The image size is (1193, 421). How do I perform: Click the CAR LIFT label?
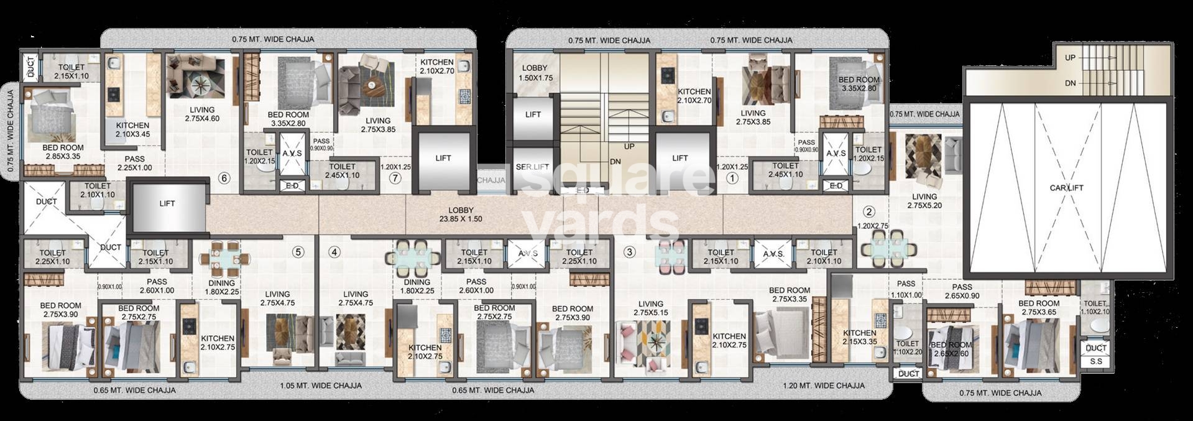point(1066,187)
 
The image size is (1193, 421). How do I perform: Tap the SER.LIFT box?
point(532,167)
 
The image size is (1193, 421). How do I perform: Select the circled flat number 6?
point(224,178)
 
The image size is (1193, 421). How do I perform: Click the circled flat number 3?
point(630,252)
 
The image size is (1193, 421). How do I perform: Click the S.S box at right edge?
point(1097,361)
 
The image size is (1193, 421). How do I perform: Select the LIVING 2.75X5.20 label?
point(925,200)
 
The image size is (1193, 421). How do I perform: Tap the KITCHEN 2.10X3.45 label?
point(132,129)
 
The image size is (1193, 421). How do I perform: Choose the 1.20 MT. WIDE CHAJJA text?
point(823,386)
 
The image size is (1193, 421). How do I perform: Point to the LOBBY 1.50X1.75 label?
point(535,73)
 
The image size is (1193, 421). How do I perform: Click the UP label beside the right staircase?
point(1070,58)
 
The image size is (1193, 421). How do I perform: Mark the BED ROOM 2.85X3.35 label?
point(63,152)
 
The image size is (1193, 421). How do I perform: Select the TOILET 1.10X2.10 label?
point(1095,308)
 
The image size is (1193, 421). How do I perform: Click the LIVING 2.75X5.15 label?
point(651,308)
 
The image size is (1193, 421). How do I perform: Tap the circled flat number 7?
point(394,178)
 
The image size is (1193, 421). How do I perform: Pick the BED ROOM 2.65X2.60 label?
point(951,349)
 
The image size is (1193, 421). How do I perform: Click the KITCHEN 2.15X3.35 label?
point(859,337)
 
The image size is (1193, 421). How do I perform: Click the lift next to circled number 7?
point(443,158)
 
